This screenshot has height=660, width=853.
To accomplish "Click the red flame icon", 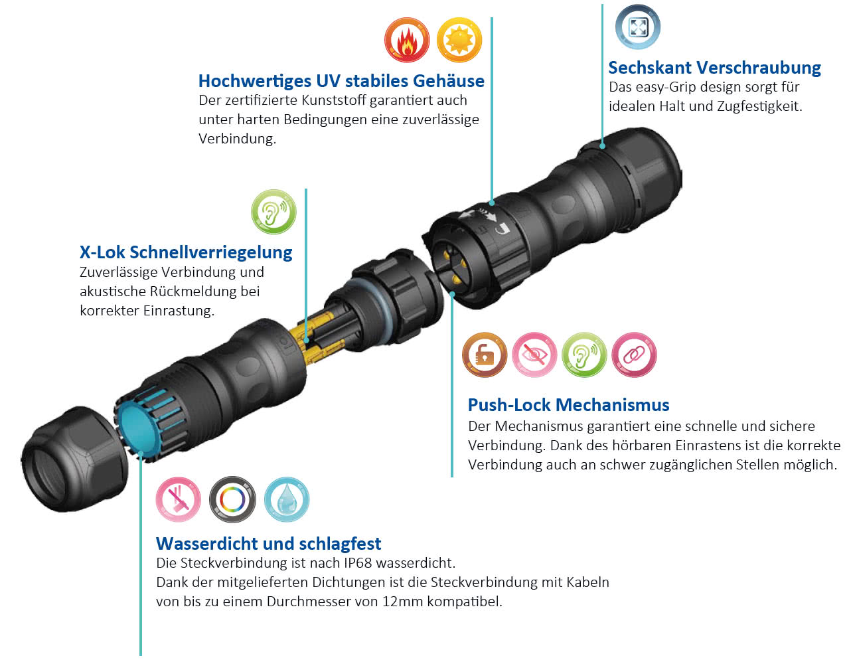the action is (407, 40).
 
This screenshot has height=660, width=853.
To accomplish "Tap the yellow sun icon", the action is (459, 40).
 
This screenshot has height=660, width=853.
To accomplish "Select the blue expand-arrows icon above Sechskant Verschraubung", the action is (637, 27).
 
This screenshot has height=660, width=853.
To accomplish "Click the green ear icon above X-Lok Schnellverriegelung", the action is (273, 212).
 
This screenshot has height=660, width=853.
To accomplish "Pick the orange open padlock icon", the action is (485, 355).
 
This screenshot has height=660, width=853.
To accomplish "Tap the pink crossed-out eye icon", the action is (534, 355).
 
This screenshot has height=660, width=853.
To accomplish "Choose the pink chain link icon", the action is (634, 355).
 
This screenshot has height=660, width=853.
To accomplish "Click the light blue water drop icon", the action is (287, 499).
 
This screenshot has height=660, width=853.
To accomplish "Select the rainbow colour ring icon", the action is (232, 499).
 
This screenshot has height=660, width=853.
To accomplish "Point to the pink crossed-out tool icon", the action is (178, 499).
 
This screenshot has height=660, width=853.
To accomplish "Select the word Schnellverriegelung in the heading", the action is (211, 252).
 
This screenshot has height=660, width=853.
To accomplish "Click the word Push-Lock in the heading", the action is (509, 405).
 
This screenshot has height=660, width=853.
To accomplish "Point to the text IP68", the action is (358, 563).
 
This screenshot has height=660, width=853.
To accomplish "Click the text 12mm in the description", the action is (402, 602).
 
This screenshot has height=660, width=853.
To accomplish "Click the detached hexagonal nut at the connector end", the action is (74, 459).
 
